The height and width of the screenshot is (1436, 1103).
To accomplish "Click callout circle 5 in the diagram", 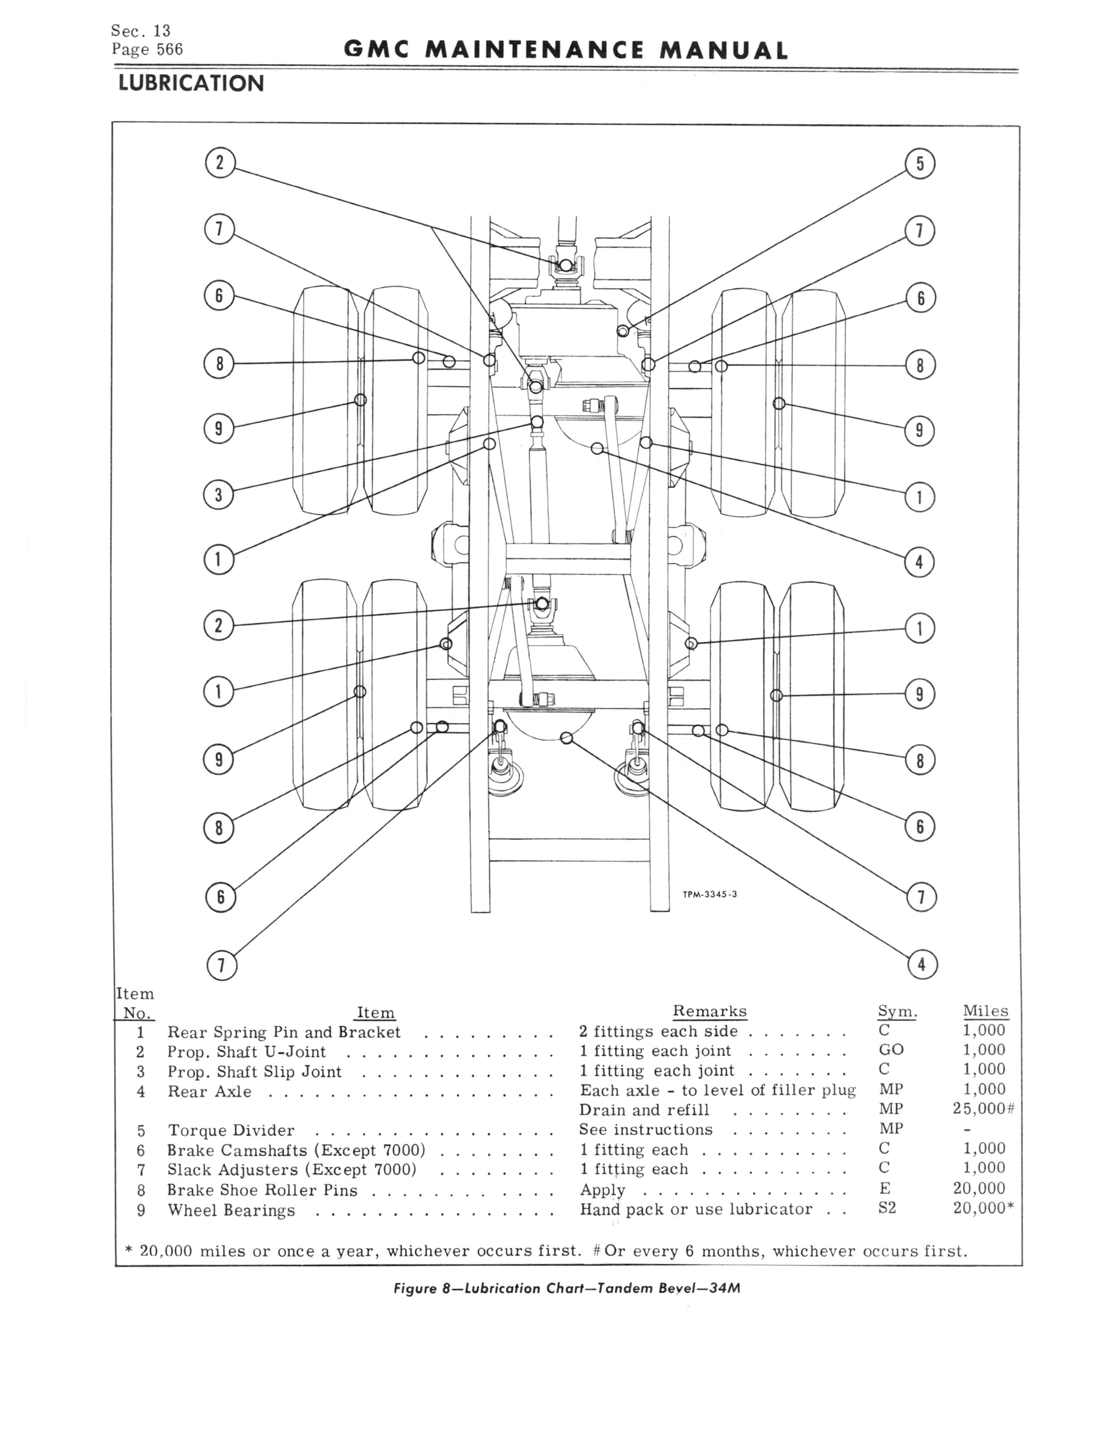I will [x=920, y=164].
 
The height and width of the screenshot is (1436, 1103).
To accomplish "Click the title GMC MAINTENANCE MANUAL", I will [x=565, y=51].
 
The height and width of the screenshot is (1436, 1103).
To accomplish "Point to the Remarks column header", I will [x=710, y=1011].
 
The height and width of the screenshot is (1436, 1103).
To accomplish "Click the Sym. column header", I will [x=897, y=1011].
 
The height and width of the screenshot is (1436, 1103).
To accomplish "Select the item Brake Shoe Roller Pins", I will [x=262, y=1190].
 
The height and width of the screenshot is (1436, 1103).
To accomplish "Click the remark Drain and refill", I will [x=644, y=1110].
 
